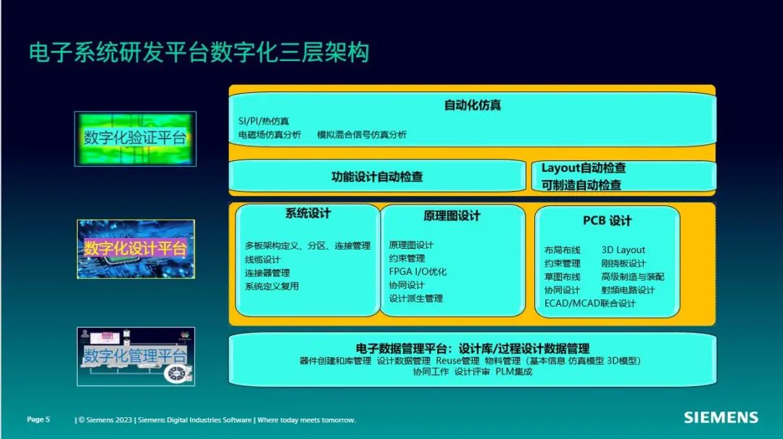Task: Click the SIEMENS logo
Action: [x=721, y=417]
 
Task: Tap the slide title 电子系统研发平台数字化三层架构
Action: [x=199, y=53]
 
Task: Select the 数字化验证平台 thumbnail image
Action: [x=136, y=139]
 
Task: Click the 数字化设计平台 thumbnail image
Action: [x=136, y=249]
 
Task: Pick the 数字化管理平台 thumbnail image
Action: [x=136, y=356]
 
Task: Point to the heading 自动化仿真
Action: [x=473, y=105]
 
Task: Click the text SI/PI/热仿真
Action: [x=264, y=121]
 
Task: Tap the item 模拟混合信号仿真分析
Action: [x=362, y=134]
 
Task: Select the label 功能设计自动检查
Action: [x=377, y=176]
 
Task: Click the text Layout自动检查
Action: [x=583, y=168]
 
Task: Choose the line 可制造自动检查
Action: [x=581, y=185]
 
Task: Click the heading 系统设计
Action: [x=307, y=213]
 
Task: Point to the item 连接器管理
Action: [x=267, y=273]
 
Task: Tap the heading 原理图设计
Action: [x=452, y=216]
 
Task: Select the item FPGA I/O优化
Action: [x=418, y=272]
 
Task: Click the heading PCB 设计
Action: [x=608, y=221]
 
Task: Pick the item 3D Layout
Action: [x=623, y=250]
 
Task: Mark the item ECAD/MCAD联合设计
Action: [x=589, y=303]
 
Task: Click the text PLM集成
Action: [x=514, y=372]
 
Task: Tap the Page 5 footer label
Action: [x=38, y=419]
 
